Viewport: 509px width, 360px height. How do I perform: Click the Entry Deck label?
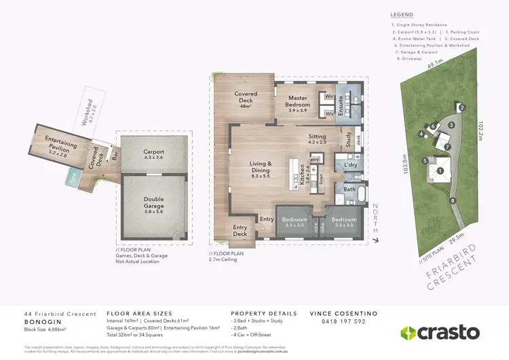[x=240, y=231]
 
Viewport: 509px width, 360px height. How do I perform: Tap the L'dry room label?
[x=350, y=166]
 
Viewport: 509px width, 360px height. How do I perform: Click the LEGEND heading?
[x=402, y=14]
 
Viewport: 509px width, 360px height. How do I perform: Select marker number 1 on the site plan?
[x=439, y=172]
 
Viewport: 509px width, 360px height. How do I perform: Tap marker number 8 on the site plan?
[x=453, y=200]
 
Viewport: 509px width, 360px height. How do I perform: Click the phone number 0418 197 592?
[x=337, y=321]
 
